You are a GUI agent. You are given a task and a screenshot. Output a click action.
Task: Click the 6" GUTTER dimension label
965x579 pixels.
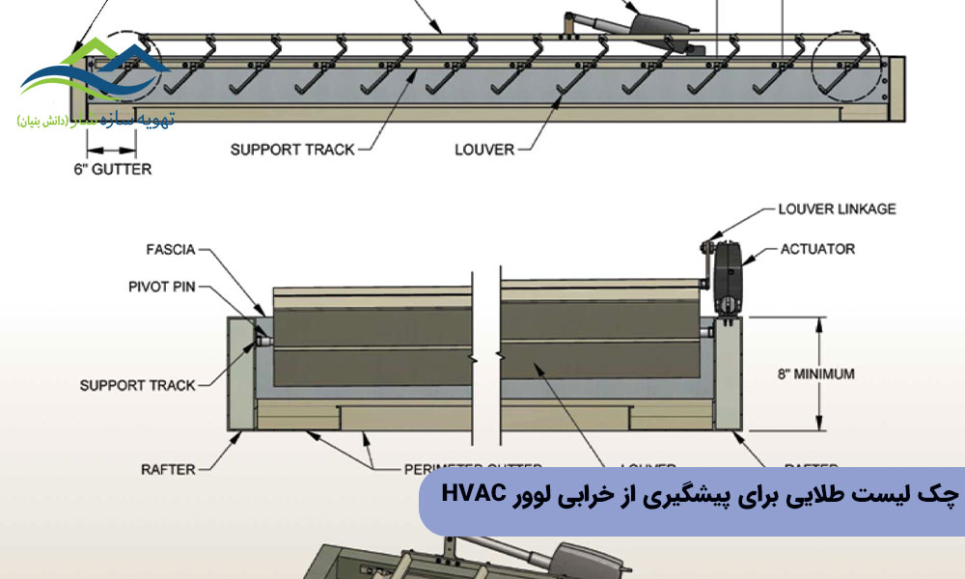[111, 169]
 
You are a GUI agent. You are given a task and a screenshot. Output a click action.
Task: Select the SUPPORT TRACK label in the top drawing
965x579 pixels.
[292, 150]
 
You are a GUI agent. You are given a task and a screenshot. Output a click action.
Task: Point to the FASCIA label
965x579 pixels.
[169, 250]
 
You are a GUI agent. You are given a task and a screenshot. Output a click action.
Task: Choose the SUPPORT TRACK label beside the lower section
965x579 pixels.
[137, 385]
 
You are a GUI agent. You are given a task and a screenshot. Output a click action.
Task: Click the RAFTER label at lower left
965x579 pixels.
[168, 470]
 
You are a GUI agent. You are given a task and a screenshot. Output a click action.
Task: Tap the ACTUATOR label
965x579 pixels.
[817, 249]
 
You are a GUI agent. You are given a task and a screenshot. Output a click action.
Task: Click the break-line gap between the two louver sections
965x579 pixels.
[485, 357]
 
